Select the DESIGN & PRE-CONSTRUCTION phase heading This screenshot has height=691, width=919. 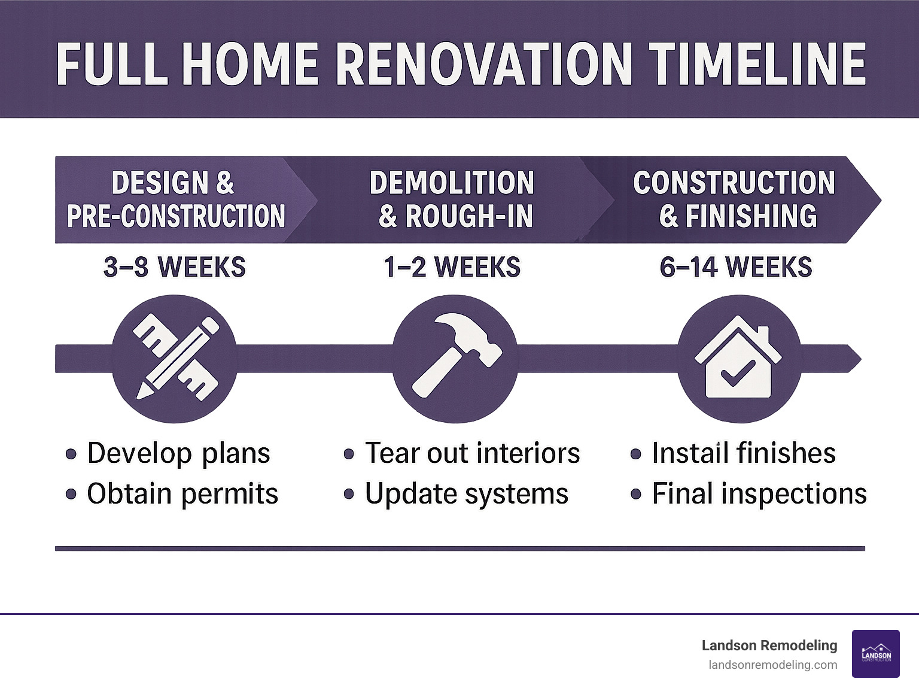pos(175,199)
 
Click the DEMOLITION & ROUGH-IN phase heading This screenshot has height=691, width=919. pos(453,199)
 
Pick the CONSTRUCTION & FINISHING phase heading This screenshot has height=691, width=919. pos(735,199)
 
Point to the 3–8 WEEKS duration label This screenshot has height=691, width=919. pos(174,267)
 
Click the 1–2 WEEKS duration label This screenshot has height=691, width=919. pos(452,267)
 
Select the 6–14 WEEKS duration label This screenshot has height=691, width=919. pos(735,267)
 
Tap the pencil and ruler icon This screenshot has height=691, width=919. pos(175,359)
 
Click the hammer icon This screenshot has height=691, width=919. pos(455,359)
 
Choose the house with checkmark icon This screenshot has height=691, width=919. pos(738,359)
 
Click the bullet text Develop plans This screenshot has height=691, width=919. pos(178,453)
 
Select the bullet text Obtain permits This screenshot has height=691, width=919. pos(182,494)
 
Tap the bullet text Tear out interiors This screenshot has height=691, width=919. pos(472,453)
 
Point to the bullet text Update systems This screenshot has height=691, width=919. pos(467,494)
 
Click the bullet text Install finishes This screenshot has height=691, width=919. pos(743,453)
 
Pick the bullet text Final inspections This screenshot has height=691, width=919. pos(759,494)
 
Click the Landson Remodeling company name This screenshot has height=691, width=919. pos(769,645)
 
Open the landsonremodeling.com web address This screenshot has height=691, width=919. pos(772,665)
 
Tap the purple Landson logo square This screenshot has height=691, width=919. pos(875,654)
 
